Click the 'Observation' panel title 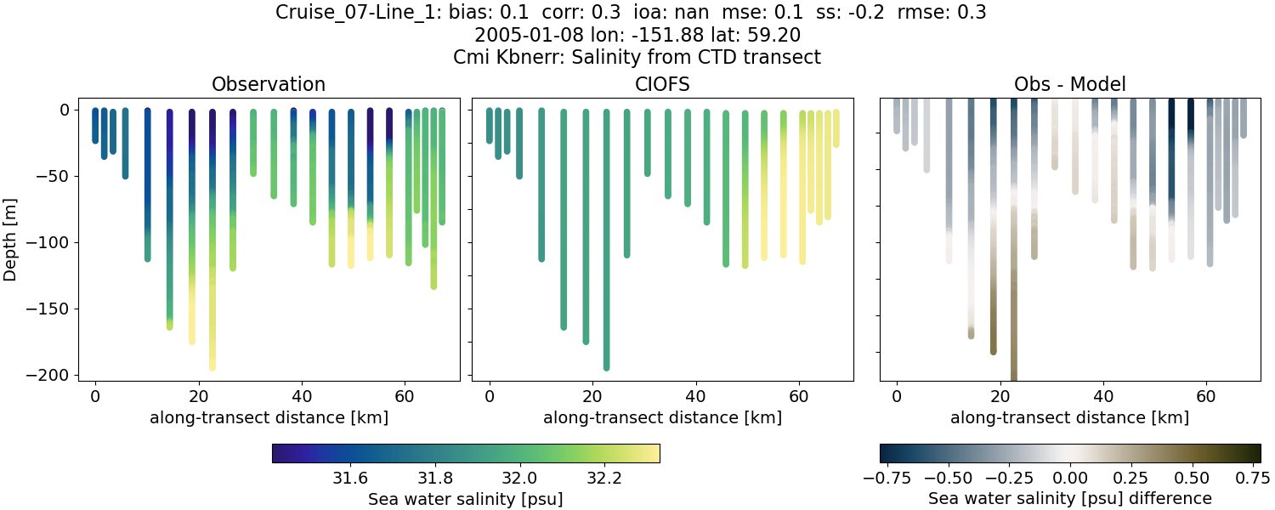point(269,84)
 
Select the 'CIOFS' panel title point(662,84)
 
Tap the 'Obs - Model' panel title point(1069,84)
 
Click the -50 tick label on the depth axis point(55,177)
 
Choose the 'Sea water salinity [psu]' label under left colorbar point(465,499)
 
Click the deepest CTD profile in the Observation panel point(212,255)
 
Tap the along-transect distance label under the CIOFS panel point(662,417)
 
